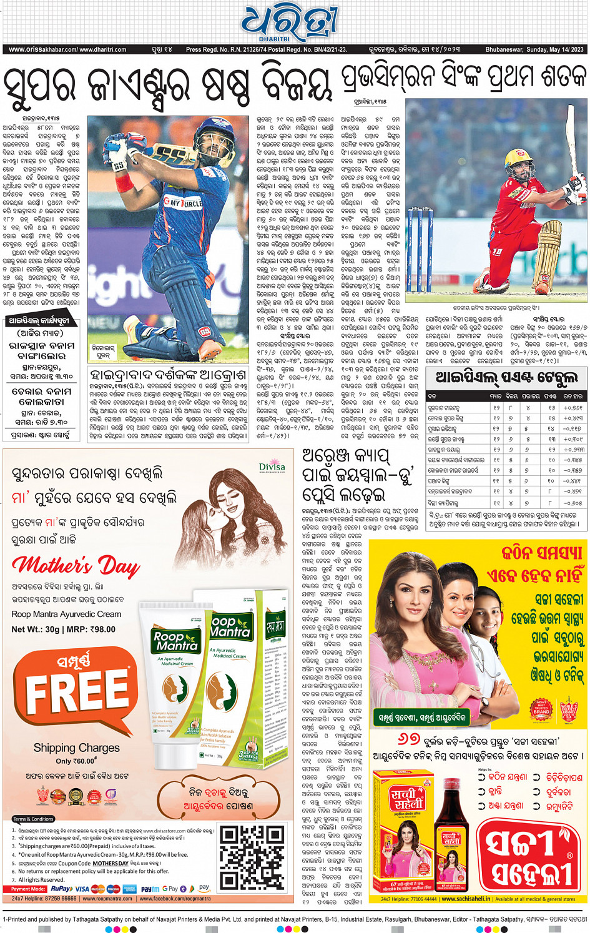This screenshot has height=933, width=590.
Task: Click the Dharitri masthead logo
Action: (291, 24)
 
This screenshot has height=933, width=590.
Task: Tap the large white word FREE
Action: (77, 693)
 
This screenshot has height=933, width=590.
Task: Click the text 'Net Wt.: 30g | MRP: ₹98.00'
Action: (64, 629)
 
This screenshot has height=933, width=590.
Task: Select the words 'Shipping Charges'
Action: (76, 748)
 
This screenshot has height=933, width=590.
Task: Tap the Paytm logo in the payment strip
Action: (150, 889)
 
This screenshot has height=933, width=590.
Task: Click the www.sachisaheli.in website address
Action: (466, 899)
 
